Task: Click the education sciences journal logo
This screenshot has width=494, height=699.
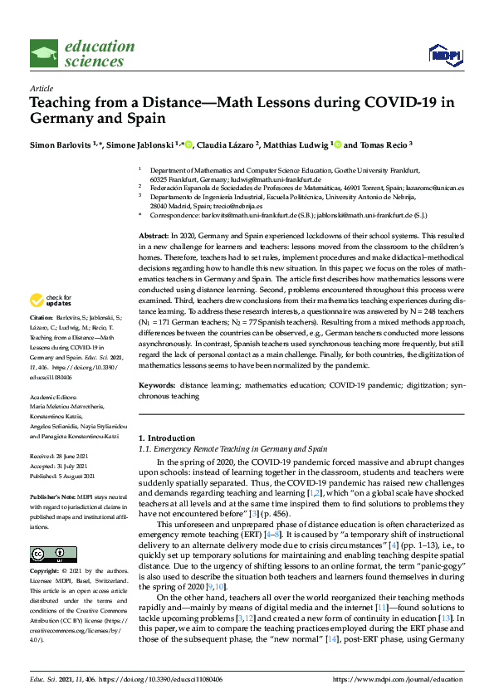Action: [x=82, y=53]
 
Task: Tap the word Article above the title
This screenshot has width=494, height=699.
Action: [x=42, y=88]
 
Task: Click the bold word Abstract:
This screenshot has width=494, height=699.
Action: [x=153, y=237]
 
